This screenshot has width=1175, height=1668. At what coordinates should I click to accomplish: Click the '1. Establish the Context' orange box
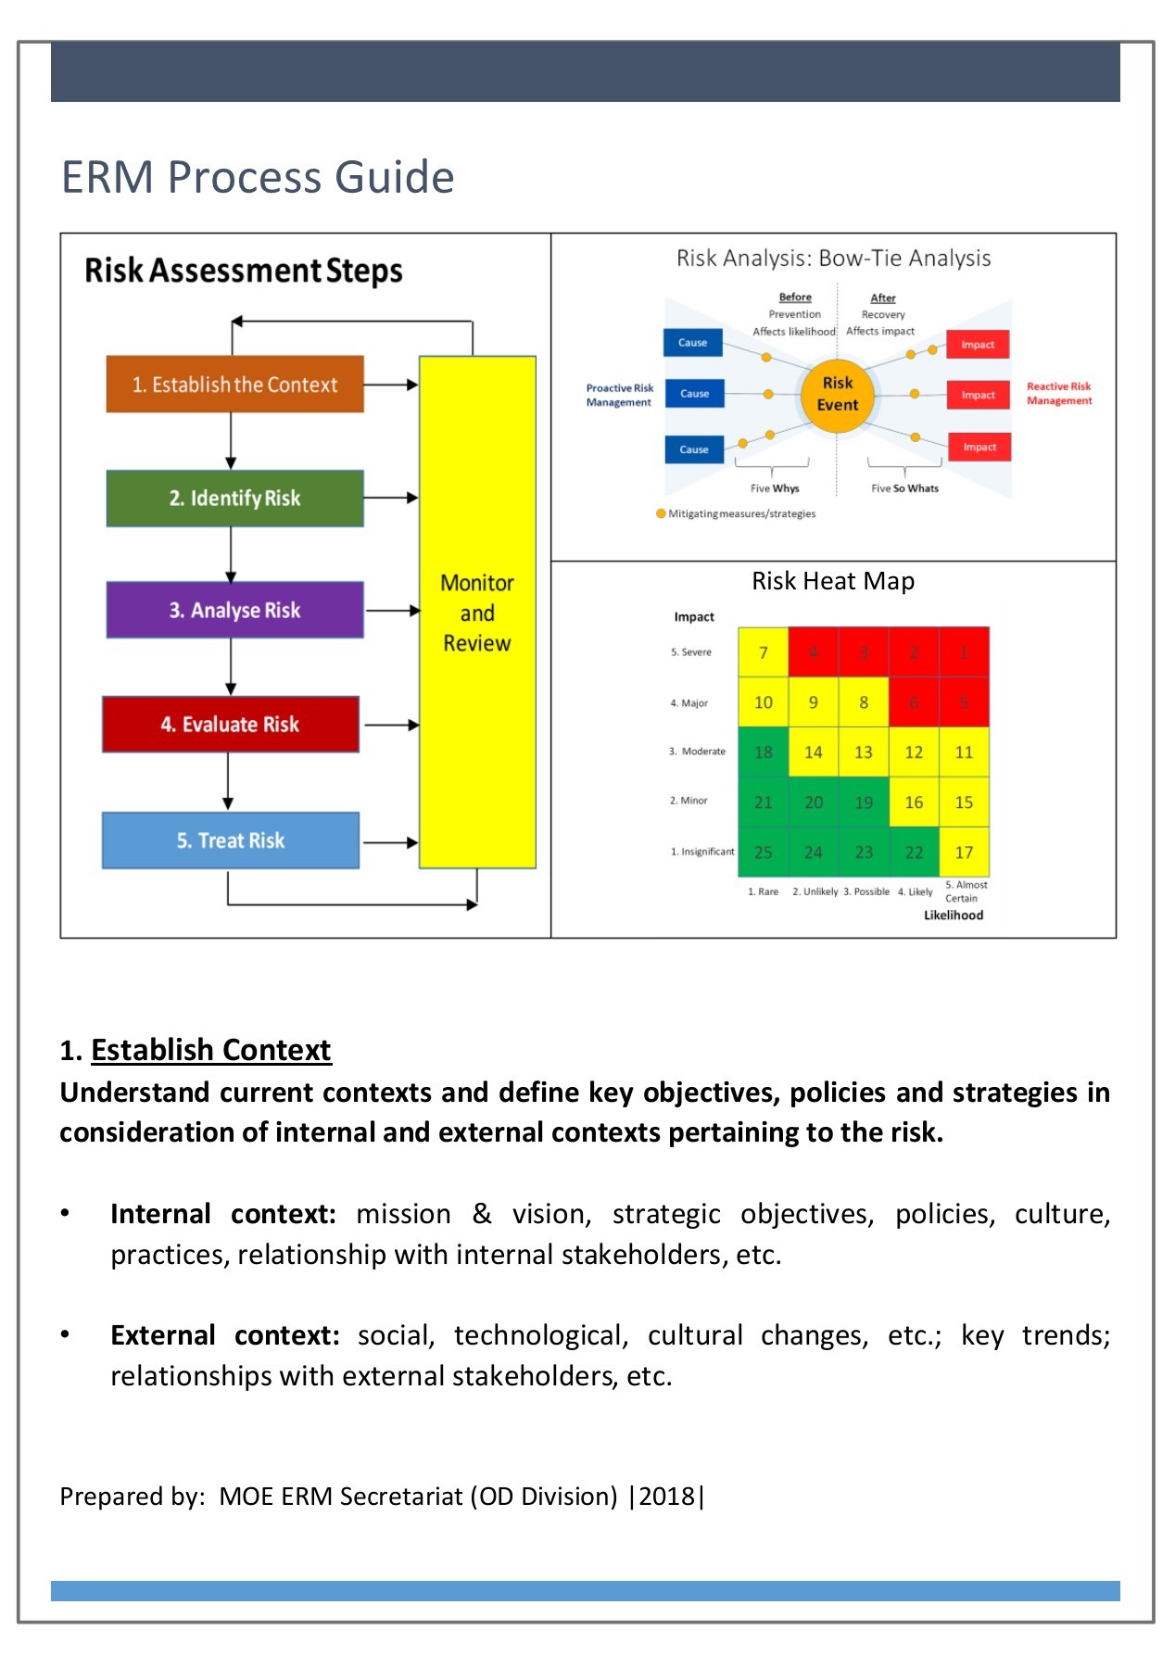click(x=234, y=384)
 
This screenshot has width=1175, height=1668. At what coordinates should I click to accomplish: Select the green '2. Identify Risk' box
click(x=234, y=499)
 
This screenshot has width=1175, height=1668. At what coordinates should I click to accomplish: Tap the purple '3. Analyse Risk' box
click(x=234, y=610)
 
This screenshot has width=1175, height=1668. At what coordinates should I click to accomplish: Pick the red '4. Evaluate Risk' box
click(x=230, y=725)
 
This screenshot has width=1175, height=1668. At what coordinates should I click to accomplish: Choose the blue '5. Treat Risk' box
click(x=230, y=840)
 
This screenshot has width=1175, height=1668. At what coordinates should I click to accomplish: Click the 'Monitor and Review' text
click(x=476, y=613)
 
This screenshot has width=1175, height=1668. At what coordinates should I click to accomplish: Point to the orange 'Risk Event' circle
click(x=837, y=395)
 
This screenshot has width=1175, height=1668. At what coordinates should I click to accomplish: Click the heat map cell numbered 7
click(x=763, y=652)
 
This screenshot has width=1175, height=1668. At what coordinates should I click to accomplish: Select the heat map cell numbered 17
click(x=964, y=853)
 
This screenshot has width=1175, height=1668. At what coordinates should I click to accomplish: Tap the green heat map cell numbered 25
click(x=763, y=853)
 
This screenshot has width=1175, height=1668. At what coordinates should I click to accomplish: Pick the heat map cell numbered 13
click(x=863, y=752)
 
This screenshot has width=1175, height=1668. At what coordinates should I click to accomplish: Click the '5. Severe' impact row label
click(x=691, y=652)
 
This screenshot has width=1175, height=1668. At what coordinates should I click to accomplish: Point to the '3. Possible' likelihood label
click(x=866, y=891)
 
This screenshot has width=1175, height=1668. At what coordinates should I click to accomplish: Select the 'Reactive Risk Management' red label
click(x=1058, y=394)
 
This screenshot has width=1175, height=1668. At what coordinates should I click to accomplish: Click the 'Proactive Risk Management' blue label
click(x=619, y=395)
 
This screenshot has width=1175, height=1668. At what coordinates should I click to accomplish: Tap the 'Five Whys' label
click(x=775, y=488)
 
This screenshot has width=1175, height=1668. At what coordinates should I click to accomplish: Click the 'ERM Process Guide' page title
click(x=258, y=177)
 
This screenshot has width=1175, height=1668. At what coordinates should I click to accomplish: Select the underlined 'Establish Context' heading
click(x=210, y=1050)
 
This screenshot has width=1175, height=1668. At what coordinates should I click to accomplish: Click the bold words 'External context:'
click(x=224, y=1335)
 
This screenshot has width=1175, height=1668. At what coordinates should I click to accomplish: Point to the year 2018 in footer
click(x=667, y=1497)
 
